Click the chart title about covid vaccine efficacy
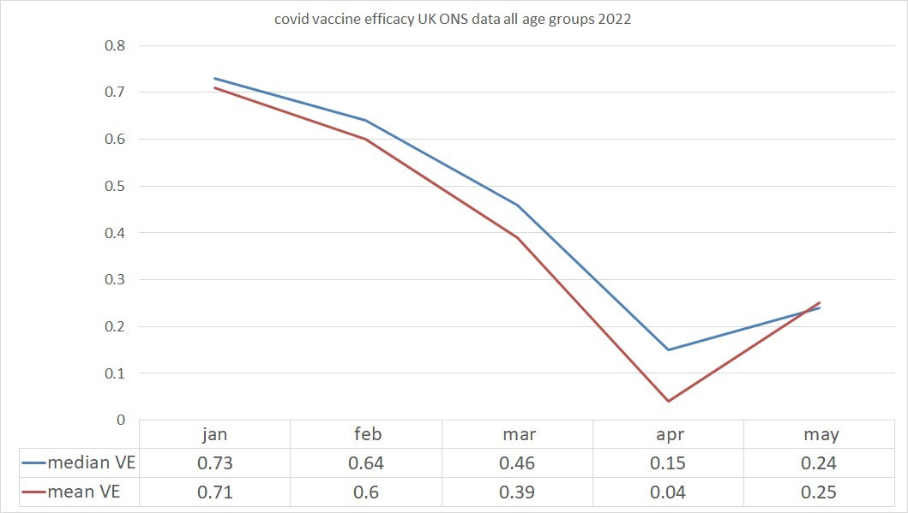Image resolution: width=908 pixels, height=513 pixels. coord(453,20)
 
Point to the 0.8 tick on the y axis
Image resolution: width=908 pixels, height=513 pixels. coord(114,45)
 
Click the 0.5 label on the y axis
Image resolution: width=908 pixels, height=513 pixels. coord(114,186)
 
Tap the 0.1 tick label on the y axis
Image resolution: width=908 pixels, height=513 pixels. coord(114,373)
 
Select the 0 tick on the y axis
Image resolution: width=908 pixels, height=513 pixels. coord(120,420)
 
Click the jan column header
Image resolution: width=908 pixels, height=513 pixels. coord(214,434)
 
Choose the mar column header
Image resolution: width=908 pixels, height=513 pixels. coord(517,434)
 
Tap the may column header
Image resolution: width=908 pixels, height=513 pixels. coord(821,434)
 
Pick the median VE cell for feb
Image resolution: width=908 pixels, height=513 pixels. coord(366,463)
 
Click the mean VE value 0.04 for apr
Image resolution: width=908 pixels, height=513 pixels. coord(668,492)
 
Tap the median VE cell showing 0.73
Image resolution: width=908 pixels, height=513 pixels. coord(214,463)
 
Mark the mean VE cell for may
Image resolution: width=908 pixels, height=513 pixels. coord(820,492)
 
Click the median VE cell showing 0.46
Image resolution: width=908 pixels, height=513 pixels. coord(517,463)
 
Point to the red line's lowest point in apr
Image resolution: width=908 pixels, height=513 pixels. coord(668,401)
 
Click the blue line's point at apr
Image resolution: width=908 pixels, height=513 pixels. coord(668,349)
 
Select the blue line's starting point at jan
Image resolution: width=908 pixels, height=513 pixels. coord(214,78)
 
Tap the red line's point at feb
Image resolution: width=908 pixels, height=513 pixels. coord(366,139)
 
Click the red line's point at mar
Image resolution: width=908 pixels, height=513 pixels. coord(517,237)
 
